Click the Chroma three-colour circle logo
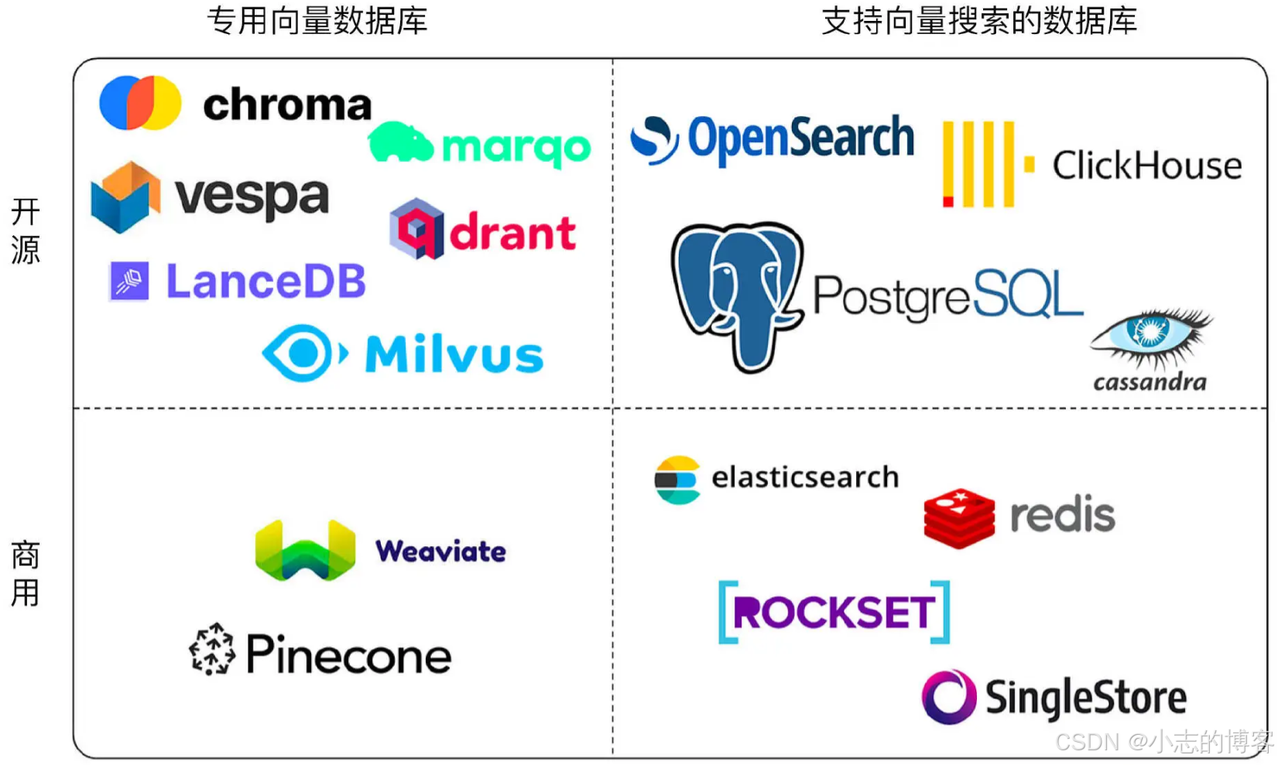point(140,103)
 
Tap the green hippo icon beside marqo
point(400,142)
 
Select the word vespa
point(252,197)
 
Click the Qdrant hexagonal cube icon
point(416,229)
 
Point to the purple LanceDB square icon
point(129,281)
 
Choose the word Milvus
point(454,354)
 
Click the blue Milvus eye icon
point(305,353)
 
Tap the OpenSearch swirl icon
point(654,140)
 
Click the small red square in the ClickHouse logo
point(948,201)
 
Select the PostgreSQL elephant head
point(738,296)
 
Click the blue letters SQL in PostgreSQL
point(1028,294)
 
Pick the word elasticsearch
point(805,477)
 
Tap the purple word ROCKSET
point(834,612)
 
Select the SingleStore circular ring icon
point(949,697)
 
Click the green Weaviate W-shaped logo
point(305,550)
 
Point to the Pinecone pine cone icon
point(211,649)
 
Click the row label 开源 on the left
point(25,231)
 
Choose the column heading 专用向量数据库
point(317,21)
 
